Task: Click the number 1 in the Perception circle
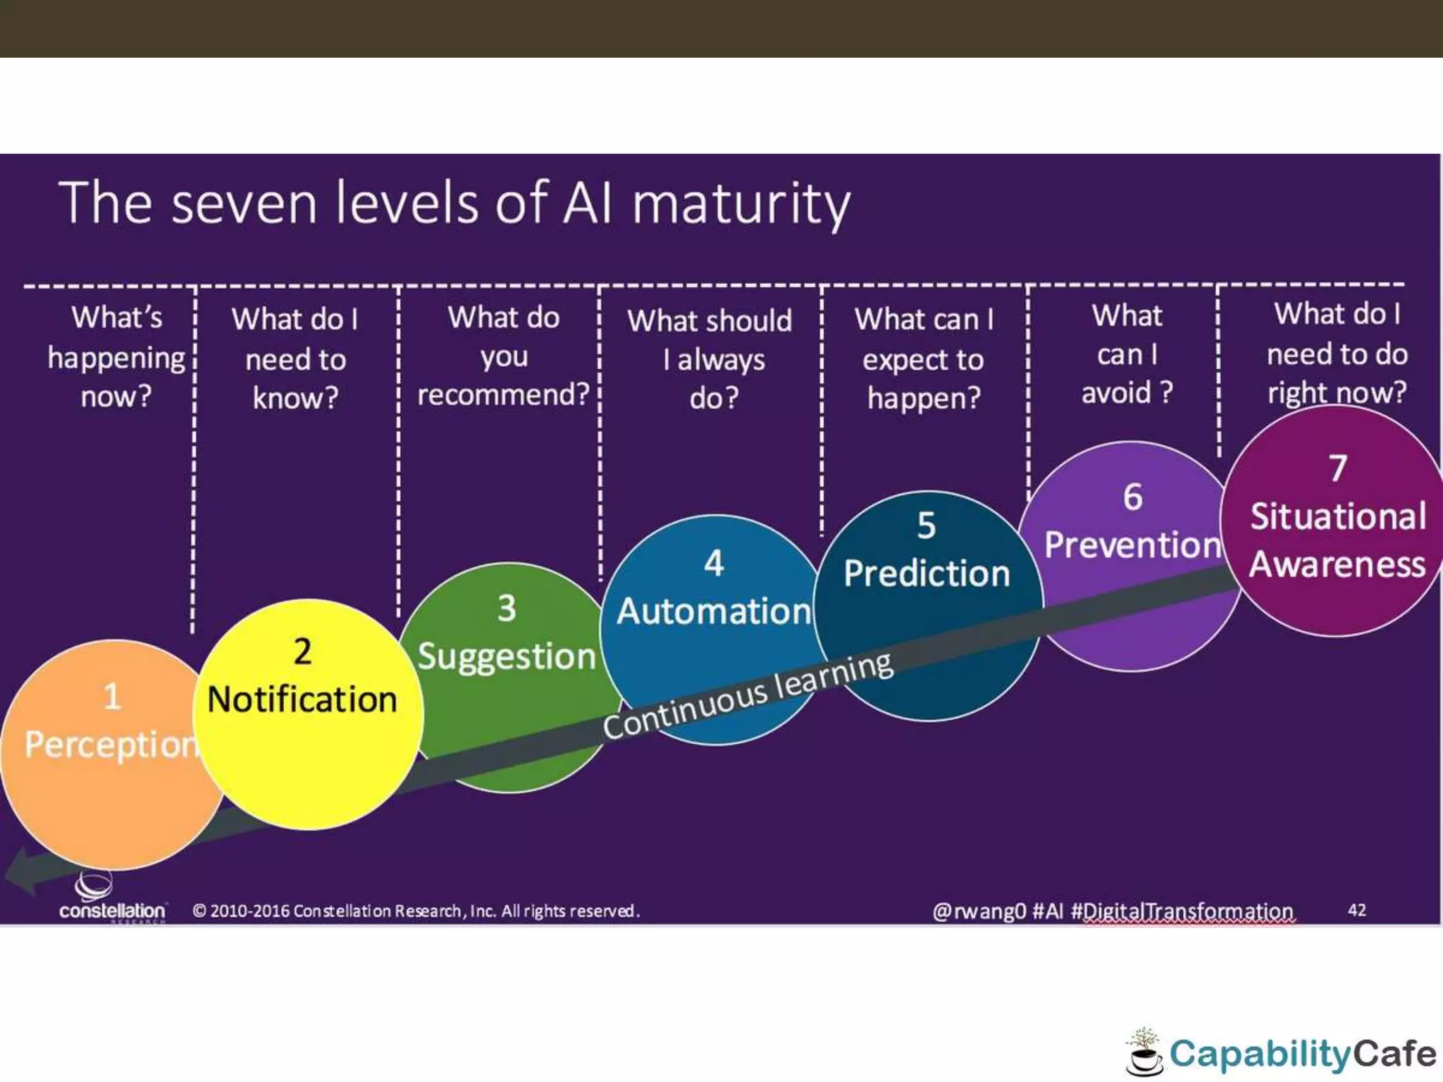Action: tap(112, 697)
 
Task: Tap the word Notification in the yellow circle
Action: tap(302, 700)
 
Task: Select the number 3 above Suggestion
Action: tap(507, 608)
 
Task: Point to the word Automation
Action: tap(714, 611)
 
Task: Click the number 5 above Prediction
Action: tap(927, 526)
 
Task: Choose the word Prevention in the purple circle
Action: tap(1132, 545)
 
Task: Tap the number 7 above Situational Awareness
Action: tap(1337, 468)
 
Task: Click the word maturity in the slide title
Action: tap(741, 204)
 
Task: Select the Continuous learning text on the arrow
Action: tap(748, 696)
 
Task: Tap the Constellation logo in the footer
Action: tap(111, 898)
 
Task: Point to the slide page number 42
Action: tap(1357, 910)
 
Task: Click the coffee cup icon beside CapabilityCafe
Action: tap(1144, 1055)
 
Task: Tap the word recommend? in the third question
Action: tap(503, 394)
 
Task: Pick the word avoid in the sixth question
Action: tap(1116, 392)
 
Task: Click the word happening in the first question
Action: tap(116, 359)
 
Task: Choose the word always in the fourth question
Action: tap(721, 360)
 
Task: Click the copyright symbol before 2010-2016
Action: tap(199, 911)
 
